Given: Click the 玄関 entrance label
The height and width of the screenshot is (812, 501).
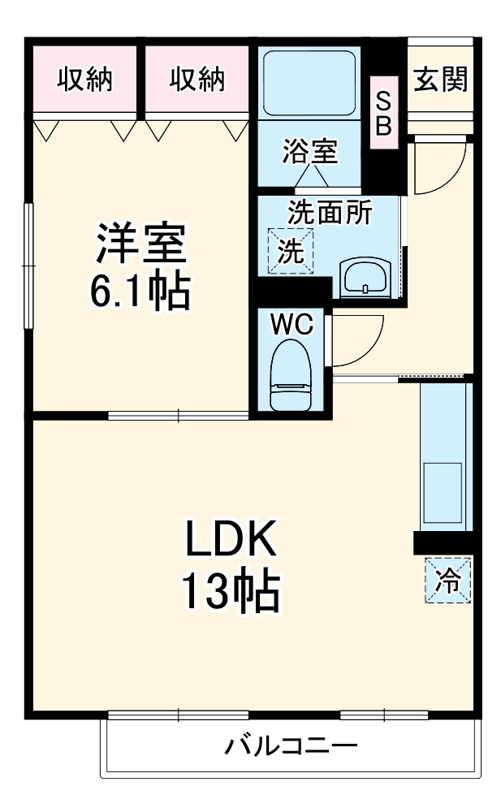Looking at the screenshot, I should coord(440,80).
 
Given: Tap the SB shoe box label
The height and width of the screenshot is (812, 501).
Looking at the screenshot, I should coord(383,113).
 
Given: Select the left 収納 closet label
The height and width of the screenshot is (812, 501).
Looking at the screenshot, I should coord(84,80).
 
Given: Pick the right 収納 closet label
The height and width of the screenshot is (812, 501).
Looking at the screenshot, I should coord(197,80).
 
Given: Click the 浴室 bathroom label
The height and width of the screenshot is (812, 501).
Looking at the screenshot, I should coord(309,151).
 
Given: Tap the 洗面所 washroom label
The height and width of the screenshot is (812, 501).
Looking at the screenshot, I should coord(330,213).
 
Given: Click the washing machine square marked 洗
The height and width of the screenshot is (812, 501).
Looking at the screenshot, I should coord(290,251).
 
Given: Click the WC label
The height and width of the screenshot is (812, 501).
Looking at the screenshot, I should coord(292,324).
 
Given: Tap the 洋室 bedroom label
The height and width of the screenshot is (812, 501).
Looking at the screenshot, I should coord(141,243).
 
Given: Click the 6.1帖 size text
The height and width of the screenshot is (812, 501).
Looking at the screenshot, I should coord(140,291).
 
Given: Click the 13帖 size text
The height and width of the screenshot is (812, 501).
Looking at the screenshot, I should coord(230,593).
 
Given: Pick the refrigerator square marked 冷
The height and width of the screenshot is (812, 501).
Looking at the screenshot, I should coord(447,580).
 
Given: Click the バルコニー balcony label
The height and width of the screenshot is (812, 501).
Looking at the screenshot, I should coord(292,745).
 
